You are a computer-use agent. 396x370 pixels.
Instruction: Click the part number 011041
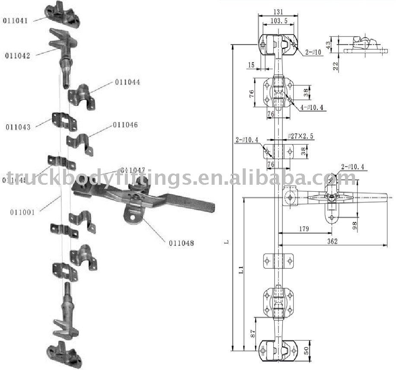16,20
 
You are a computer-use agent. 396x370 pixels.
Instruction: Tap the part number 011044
127,82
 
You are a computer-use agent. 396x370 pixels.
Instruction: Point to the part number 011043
18,127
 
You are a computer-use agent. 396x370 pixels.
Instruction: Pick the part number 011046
125,125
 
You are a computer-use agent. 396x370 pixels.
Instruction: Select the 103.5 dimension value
279,21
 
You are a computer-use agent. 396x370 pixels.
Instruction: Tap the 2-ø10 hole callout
313,53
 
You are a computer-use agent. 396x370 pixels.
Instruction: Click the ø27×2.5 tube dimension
301,136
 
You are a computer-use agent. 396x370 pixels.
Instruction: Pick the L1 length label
243,271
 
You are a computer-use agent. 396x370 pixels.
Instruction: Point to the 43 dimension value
328,44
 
